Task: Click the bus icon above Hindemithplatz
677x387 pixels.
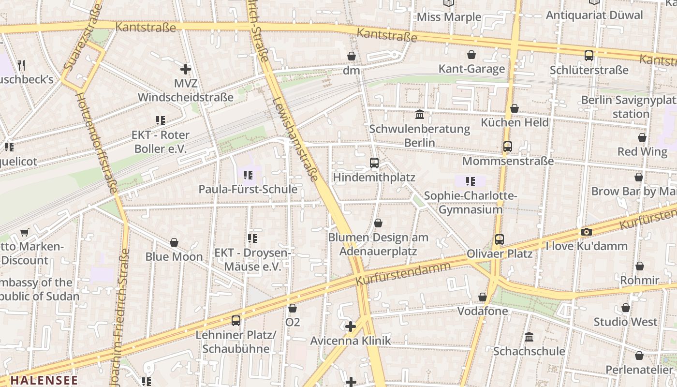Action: click(x=374, y=163)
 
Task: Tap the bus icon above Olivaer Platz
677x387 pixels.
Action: click(x=500, y=239)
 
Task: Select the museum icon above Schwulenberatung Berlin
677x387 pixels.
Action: click(x=419, y=115)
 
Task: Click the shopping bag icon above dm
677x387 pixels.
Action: click(x=352, y=56)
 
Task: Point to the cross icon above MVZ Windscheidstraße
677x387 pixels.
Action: click(x=185, y=69)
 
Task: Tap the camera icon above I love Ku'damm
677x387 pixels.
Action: click(x=586, y=232)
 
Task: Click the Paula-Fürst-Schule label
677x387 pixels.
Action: click(x=248, y=189)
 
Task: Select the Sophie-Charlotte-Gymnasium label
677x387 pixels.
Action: click(x=471, y=203)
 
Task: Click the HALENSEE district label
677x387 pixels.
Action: click(x=44, y=380)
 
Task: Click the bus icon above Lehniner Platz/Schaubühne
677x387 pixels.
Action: click(x=235, y=320)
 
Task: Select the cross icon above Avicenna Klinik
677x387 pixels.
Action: click(x=351, y=327)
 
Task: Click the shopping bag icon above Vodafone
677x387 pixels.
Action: click(x=482, y=297)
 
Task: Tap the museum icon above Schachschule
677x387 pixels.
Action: click(x=529, y=337)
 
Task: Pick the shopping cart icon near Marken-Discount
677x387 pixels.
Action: click(x=24, y=233)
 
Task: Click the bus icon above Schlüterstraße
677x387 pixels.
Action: click(x=589, y=56)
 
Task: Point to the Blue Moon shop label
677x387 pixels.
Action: click(x=174, y=256)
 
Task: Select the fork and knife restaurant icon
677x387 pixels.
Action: click(x=21, y=65)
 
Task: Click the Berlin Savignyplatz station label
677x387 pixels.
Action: click(x=629, y=107)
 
